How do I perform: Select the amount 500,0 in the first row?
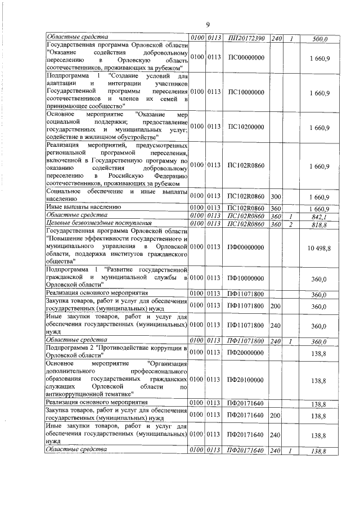click(319, 39)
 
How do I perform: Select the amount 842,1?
click(319, 216)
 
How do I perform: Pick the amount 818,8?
click(319, 224)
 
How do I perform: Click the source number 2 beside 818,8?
click(291, 224)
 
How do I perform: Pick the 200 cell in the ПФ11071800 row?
click(276, 306)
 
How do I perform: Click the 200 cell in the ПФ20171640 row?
click(276, 415)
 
